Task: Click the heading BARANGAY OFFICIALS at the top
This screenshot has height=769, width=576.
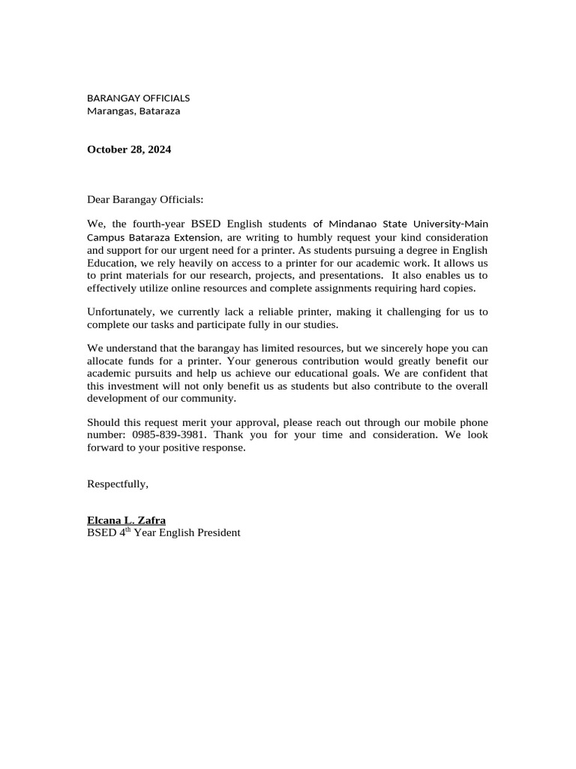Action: pos(138,98)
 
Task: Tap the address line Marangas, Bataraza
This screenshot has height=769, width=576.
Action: pos(133,111)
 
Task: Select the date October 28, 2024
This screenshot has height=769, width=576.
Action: pos(129,149)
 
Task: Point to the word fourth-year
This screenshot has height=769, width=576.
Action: pos(158,224)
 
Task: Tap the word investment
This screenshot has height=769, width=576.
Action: pos(132,386)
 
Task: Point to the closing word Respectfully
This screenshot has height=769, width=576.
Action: pos(118,484)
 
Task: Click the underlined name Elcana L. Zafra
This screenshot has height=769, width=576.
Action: pos(126,520)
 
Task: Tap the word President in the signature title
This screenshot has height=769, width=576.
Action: pos(215,533)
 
